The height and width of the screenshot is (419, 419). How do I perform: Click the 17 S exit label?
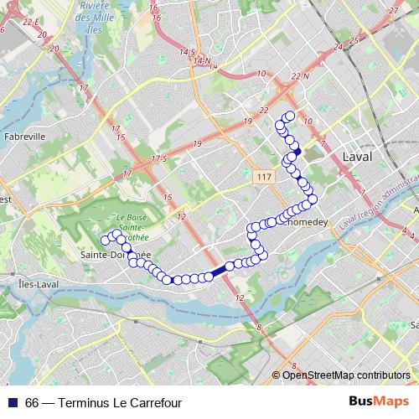coord(160,158)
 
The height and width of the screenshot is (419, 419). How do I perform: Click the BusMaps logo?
coord(379,401)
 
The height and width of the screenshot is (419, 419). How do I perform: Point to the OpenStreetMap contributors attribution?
coord(346,375)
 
